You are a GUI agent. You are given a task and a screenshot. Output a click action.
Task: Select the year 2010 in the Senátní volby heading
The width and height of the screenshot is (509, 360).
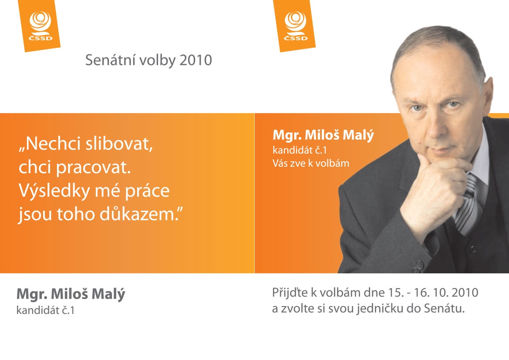point(196,61)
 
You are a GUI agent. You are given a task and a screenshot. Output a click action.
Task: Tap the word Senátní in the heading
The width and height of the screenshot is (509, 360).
point(108,61)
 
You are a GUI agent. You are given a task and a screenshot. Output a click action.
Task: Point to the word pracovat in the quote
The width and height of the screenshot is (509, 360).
point(94,168)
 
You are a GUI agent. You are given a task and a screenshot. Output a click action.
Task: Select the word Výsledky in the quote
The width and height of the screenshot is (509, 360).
point(54,191)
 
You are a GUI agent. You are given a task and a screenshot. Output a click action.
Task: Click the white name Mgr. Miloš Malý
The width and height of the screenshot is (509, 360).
point(324,135)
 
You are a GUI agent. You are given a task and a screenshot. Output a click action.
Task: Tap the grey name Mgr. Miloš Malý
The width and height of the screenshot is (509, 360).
point(71,294)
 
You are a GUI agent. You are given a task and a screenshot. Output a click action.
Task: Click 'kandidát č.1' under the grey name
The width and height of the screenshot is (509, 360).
point(45,311)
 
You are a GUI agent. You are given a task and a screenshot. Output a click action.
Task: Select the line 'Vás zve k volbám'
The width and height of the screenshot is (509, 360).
point(310,163)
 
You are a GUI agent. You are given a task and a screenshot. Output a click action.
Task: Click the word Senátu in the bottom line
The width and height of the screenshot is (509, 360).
point(445,308)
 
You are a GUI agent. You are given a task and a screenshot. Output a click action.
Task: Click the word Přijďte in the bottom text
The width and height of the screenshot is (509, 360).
point(290,293)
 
